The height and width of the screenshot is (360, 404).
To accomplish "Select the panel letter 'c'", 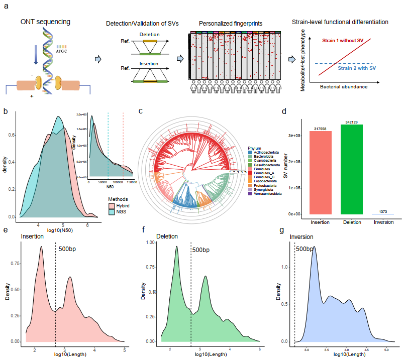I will [x=141, y=111].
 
